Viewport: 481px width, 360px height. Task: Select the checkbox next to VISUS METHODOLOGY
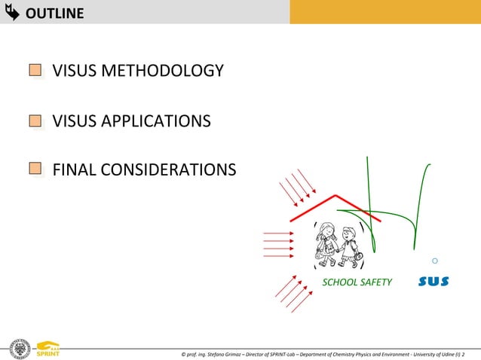[35, 71]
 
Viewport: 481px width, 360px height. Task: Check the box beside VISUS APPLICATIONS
[35, 121]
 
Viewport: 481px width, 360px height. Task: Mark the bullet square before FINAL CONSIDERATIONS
[35, 169]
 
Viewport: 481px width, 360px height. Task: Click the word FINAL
[72, 169]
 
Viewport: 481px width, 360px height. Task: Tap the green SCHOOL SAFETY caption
[357, 282]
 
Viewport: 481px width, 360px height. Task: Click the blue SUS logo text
[434, 282]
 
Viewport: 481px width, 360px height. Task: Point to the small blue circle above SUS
[435, 261]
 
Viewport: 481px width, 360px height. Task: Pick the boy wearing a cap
[349, 246]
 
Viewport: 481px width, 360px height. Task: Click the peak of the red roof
[335, 196]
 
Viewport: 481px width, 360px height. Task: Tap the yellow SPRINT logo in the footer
[47, 349]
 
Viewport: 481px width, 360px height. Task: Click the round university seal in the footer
[17, 349]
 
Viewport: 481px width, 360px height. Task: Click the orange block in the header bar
[384, 12]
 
